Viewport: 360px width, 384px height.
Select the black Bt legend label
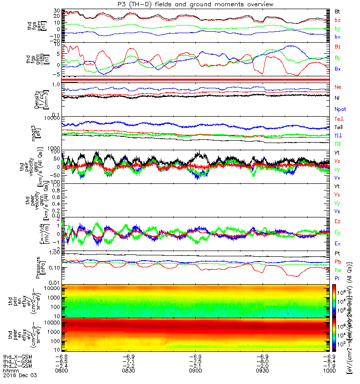(337, 11)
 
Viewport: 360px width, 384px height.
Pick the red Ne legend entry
(338, 87)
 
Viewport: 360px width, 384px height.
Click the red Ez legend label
(337, 221)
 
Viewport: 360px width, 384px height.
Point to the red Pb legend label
(337, 262)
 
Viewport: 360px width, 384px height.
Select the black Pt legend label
(337, 253)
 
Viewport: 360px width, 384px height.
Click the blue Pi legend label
(337, 279)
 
